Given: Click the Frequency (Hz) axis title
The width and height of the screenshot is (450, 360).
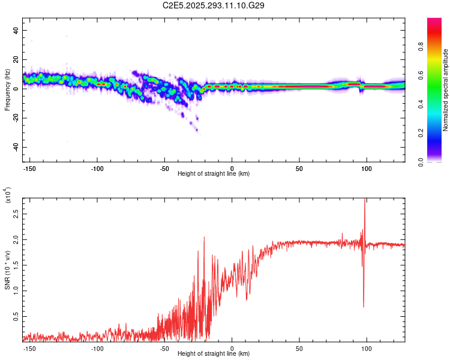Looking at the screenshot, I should tap(7, 89).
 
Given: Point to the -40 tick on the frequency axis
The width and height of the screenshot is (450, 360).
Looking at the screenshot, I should tap(15, 148).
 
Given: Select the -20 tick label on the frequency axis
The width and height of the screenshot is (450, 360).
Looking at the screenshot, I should tap(15, 118).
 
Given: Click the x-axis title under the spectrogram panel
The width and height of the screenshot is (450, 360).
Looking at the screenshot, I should tap(214, 173).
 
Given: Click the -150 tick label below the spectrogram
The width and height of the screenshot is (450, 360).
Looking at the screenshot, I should tap(31, 167).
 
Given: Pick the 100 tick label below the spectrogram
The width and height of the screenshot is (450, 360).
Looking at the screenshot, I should tap(366, 167).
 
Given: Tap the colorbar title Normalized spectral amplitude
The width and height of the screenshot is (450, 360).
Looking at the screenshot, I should tap(445, 90).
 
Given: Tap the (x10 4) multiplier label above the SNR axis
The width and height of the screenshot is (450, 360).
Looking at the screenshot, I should tap(7, 195).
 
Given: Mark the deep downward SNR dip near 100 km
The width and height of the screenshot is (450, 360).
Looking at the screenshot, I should tap(364, 306).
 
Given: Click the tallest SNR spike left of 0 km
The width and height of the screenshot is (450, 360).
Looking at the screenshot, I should tap(204, 238).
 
